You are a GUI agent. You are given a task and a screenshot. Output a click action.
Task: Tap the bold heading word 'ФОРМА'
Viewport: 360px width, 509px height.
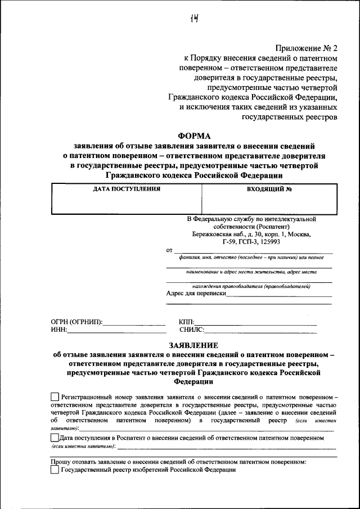click(x=193, y=136)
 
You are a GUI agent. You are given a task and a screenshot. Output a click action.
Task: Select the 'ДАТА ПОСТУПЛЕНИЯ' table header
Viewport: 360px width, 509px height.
click(x=126, y=189)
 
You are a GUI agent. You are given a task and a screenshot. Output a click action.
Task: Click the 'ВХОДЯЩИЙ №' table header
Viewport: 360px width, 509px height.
click(x=269, y=189)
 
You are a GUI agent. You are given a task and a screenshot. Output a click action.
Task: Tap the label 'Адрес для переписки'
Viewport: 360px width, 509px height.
click(x=196, y=293)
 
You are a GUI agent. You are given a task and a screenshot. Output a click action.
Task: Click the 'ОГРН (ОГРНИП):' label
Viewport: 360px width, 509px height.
click(x=76, y=322)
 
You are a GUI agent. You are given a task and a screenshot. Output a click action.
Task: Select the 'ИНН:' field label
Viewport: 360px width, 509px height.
click(x=58, y=330)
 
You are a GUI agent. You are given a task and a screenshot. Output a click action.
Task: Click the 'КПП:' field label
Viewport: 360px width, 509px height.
click(x=186, y=322)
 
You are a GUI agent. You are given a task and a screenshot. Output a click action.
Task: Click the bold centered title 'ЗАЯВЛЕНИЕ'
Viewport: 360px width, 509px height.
click(x=193, y=345)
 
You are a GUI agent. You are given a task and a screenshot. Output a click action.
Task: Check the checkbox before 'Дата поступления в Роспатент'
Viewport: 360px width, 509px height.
click(x=54, y=437)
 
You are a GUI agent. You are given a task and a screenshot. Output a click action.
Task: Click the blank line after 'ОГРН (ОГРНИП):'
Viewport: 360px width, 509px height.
click(x=135, y=324)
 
